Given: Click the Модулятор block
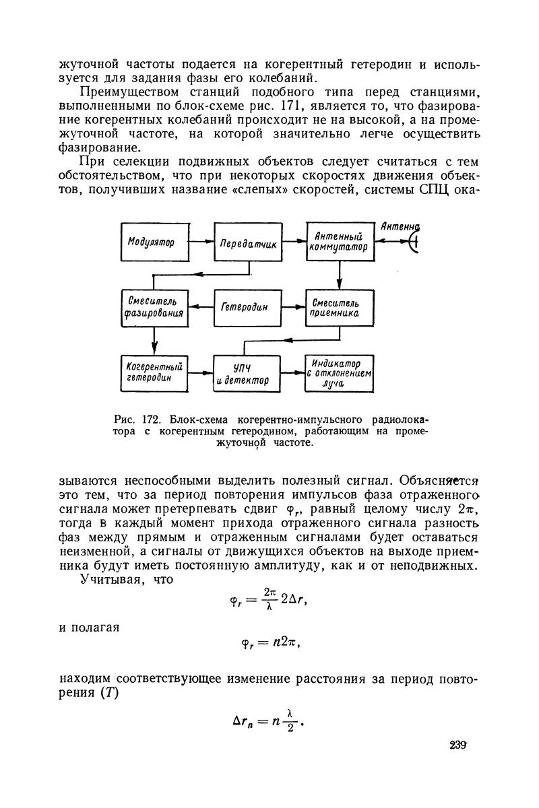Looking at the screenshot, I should [154, 242].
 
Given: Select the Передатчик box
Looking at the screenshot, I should [247, 242].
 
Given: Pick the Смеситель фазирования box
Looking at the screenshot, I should [154, 306].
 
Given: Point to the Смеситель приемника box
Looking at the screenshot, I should [340, 306].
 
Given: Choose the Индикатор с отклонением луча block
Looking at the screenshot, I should [340, 372].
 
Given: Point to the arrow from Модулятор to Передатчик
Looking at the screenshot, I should [200, 242].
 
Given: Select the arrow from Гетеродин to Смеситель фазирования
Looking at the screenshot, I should [200, 307].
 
